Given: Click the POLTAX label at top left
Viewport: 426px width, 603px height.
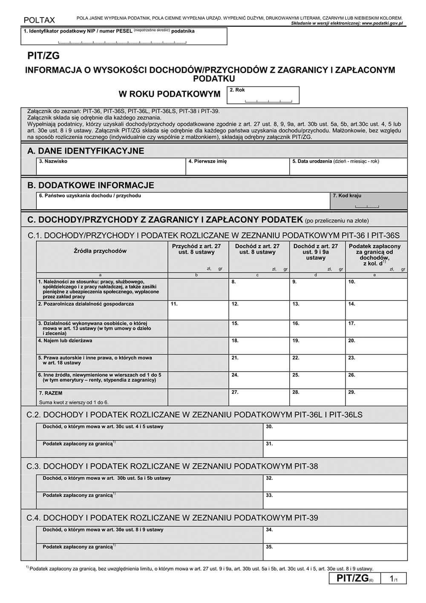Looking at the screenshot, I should (x=39, y=20).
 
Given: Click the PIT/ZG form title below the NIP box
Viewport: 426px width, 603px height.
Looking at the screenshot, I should (x=43, y=55).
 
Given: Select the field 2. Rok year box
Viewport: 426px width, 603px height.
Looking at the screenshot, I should (x=263, y=95).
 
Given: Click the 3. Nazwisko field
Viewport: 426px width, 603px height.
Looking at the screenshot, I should (x=111, y=167).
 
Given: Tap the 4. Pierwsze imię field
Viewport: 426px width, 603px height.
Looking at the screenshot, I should (x=237, y=167).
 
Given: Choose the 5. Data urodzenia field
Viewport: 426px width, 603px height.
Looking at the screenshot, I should (x=348, y=167).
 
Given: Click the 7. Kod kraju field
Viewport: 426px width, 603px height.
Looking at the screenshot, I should (x=368, y=201).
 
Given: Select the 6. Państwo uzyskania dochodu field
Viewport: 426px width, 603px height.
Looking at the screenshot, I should (x=183, y=201).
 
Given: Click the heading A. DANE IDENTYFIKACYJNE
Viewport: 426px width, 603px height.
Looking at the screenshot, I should (x=86, y=151).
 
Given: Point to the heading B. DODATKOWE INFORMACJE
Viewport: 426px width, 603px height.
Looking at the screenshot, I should (x=91, y=185).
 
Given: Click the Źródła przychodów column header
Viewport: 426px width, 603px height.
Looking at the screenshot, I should (x=100, y=251).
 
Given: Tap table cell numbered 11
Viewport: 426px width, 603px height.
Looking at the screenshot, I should (x=198, y=311).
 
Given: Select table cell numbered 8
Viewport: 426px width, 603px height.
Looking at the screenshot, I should (x=259, y=289).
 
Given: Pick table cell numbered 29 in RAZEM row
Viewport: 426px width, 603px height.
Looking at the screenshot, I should (x=376, y=397).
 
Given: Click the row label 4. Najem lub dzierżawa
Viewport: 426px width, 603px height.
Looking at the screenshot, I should (x=65, y=340).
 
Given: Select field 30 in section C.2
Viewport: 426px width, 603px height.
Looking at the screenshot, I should (x=335, y=432).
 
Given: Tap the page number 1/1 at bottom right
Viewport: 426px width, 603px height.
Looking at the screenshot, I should (x=394, y=578).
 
